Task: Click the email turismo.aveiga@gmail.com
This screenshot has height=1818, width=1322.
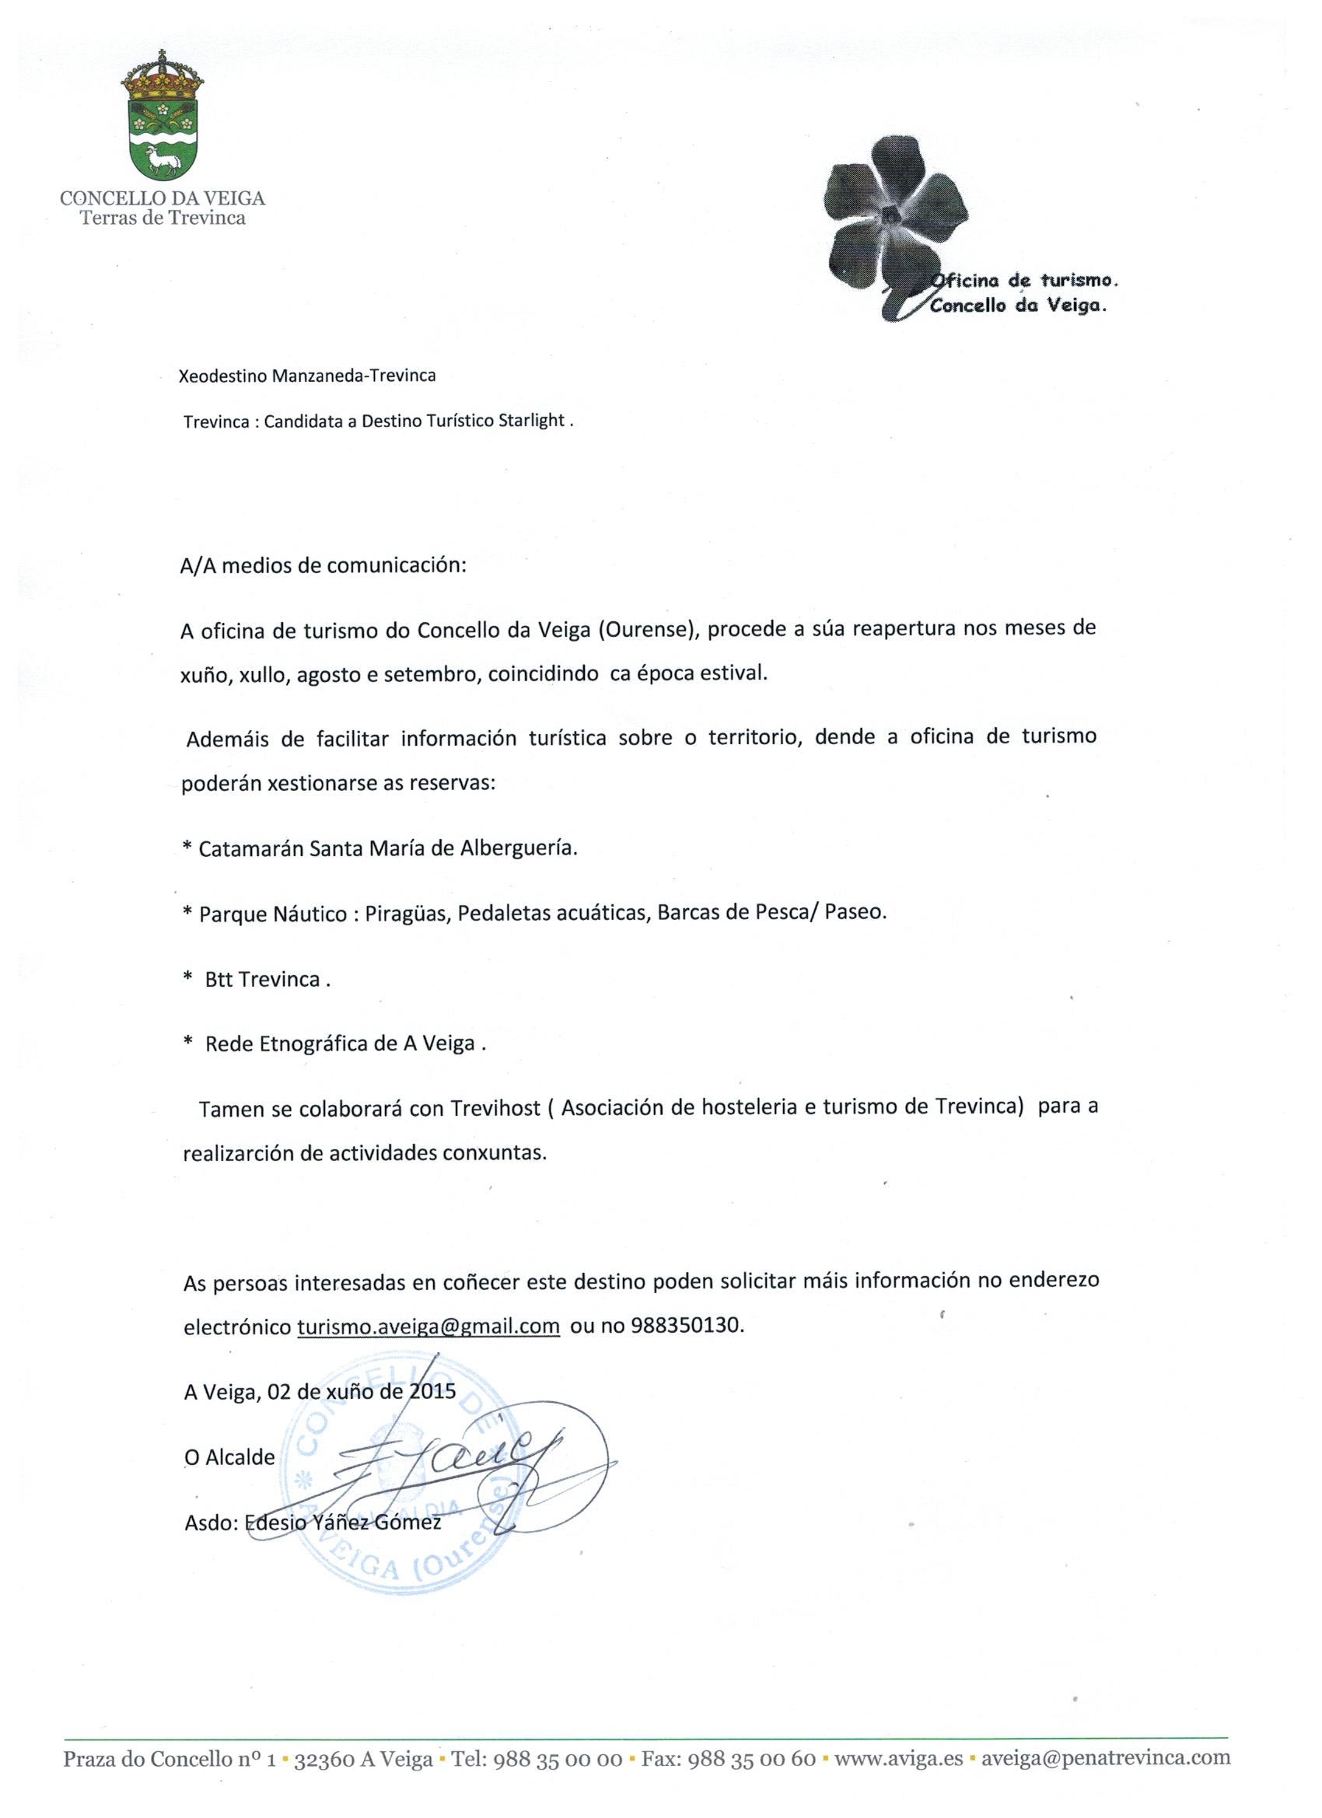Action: coord(428,1326)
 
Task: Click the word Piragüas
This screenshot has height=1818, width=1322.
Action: coord(408,914)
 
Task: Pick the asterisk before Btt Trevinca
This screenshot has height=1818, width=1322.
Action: coord(187,979)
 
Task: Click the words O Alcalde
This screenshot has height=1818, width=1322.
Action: coord(229,1457)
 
